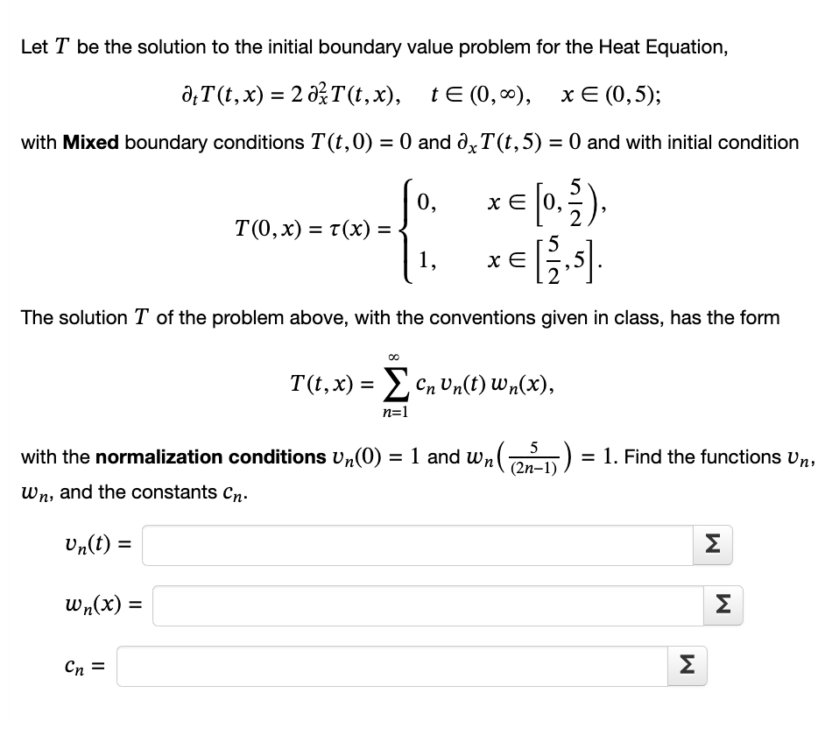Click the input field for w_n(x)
point(430,605)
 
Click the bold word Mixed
point(91,142)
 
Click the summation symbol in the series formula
point(398,382)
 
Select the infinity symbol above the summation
point(398,357)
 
